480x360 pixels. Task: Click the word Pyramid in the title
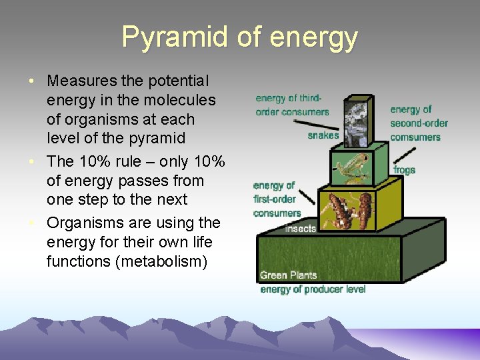pos(175,38)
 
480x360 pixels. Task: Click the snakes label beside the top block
pos(323,135)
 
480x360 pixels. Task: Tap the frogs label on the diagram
pos(404,170)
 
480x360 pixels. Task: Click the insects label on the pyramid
pos(301,229)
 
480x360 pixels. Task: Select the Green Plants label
pos(288,275)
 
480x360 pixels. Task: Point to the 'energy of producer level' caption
pos(313,289)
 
